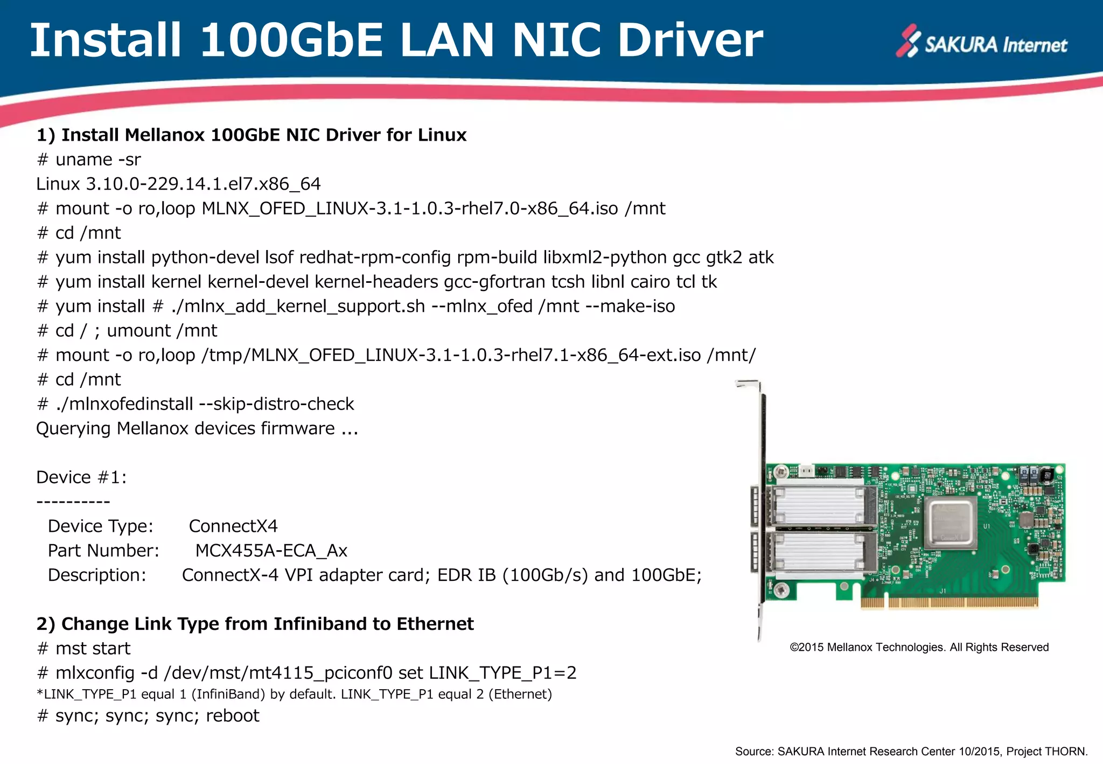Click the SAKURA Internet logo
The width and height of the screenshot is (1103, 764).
981,43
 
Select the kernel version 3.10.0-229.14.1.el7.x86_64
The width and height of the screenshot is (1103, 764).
203,184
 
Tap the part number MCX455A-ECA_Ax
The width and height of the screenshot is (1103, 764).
271,551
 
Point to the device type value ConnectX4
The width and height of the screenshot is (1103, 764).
233,526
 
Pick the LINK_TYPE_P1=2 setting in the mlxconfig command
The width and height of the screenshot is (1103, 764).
502,673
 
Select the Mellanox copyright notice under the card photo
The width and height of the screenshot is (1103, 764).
919,648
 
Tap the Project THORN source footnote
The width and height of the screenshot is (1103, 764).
911,752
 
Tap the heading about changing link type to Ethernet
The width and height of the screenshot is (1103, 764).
255,624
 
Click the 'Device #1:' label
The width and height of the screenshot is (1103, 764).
81,477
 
